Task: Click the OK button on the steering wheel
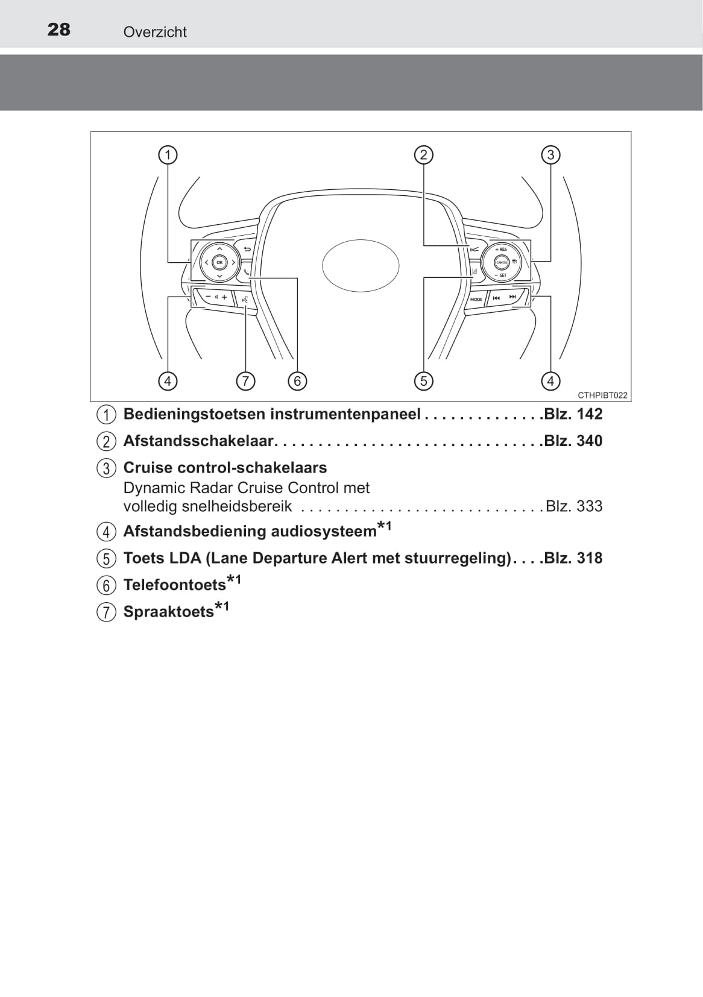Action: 219,263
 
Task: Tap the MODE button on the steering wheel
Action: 476,300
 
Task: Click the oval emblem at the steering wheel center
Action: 361,266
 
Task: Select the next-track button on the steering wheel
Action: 513,297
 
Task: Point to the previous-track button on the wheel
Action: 496,298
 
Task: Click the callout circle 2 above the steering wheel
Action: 423,155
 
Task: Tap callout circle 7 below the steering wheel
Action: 245,381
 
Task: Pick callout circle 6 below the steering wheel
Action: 297,381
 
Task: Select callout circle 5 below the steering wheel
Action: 423,381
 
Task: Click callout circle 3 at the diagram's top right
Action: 550,155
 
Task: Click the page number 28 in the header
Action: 58,30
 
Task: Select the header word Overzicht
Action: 155,32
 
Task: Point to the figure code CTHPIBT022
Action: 602,395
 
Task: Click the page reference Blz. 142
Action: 573,414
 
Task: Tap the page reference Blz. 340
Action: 573,441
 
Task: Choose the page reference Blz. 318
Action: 573,558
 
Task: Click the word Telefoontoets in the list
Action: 174,585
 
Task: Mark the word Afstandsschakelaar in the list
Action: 198,441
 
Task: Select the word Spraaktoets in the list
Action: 169,612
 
